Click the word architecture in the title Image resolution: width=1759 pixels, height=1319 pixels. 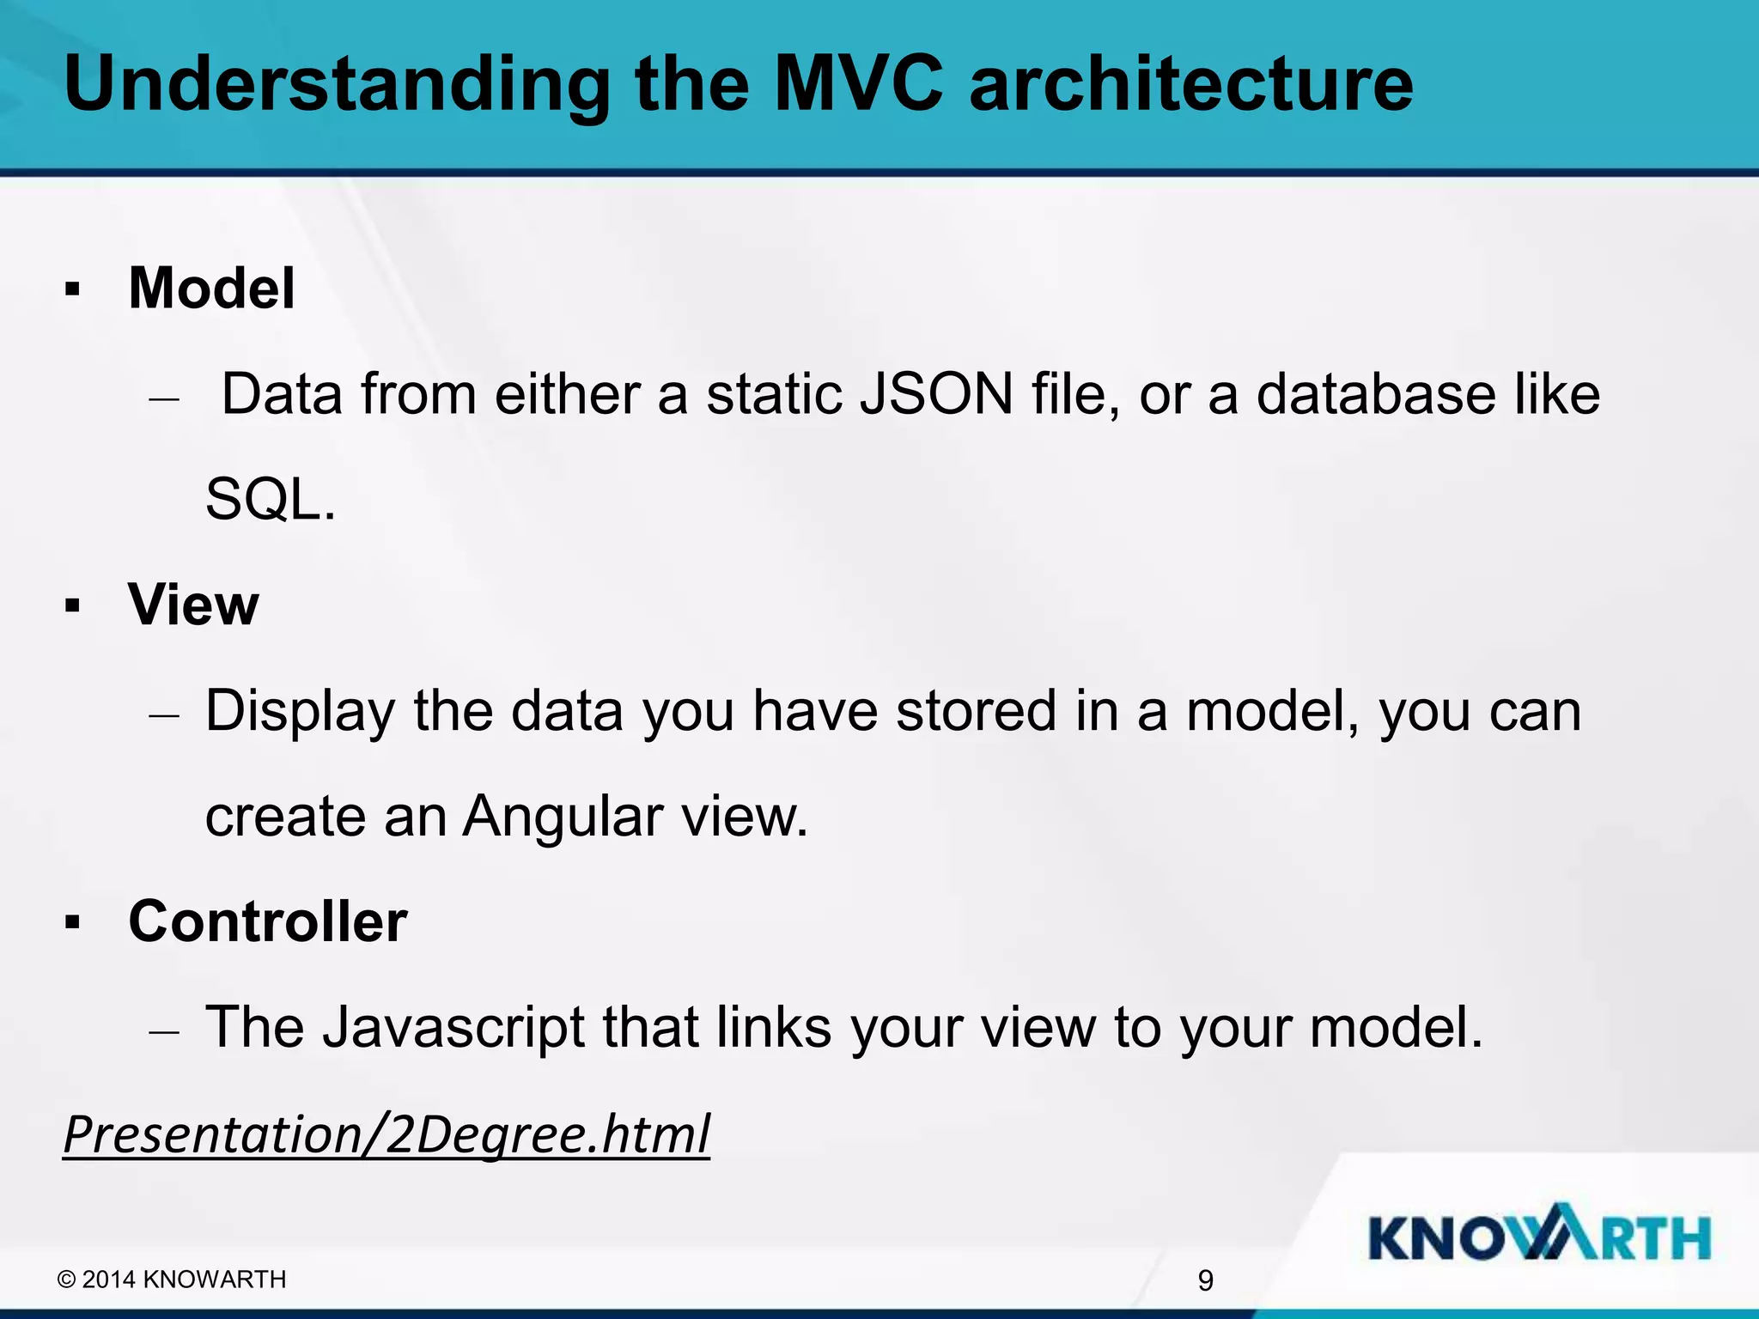point(1190,83)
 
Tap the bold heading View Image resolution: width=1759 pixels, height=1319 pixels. point(193,605)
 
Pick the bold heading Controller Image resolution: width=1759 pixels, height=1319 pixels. point(268,921)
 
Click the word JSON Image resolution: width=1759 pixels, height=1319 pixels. point(936,394)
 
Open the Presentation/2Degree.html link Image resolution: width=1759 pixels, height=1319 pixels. point(386,1134)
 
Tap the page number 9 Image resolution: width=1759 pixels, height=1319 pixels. point(1205,1280)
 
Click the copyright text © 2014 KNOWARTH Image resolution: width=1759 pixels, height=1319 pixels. point(172,1279)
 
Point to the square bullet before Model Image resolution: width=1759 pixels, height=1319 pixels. point(72,289)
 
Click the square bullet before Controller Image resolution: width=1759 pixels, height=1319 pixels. point(72,923)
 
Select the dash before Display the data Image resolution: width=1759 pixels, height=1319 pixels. point(163,714)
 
